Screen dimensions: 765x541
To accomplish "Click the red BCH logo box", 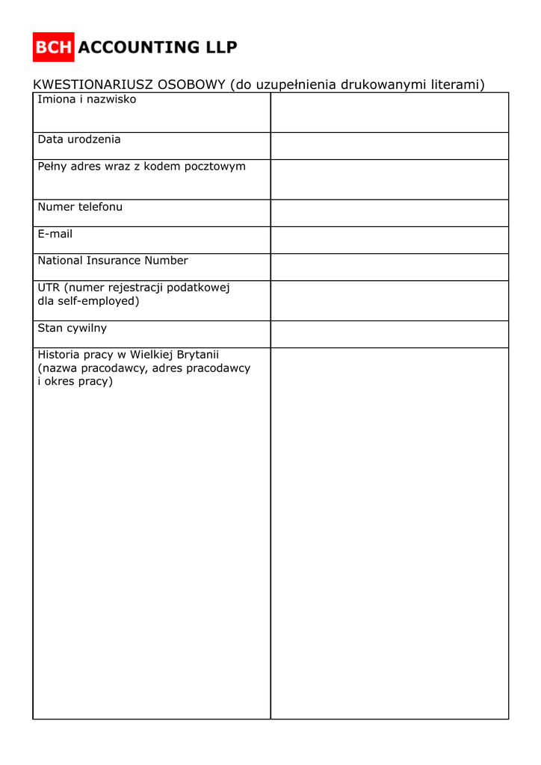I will coord(53,47).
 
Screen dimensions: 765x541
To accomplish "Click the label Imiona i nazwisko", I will coord(87,99).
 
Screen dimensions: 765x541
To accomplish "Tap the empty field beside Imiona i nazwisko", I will coord(389,112).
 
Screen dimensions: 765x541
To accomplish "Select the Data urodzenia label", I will coord(79,140).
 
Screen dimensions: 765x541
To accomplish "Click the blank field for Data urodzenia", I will coord(389,146).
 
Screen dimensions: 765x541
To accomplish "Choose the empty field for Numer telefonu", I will coord(389,213).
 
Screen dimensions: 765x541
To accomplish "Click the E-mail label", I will coord(55,234).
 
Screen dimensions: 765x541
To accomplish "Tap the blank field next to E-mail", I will coord(389,240).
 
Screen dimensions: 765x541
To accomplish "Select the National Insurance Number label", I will coord(113,261).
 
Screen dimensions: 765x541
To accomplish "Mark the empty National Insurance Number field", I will coord(389,267).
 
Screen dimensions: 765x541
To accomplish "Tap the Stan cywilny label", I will coord(72,328).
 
